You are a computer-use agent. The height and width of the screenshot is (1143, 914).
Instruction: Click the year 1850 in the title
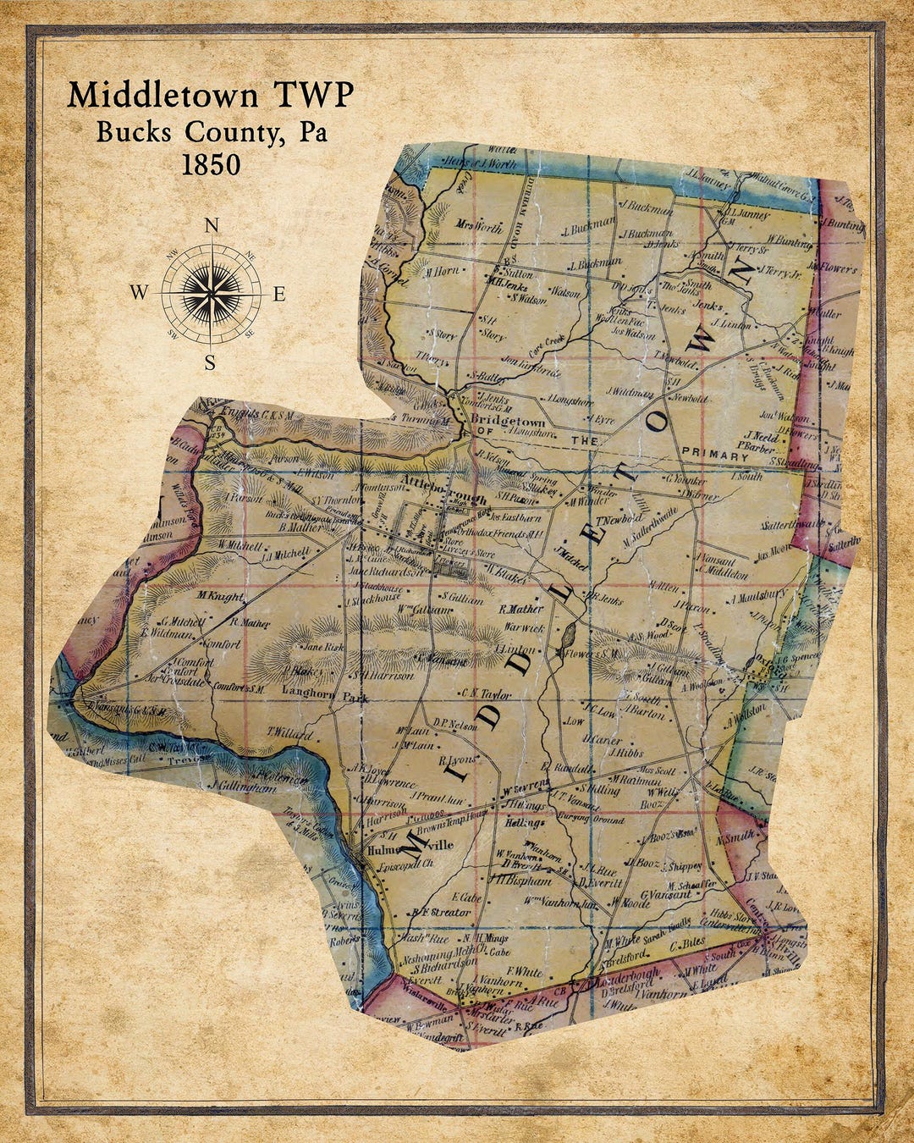point(211,163)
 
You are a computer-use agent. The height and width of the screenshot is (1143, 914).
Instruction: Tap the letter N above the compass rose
point(212,225)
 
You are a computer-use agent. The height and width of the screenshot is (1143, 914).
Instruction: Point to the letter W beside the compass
point(139,293)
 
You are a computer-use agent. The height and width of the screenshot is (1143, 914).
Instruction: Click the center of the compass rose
point(210,294)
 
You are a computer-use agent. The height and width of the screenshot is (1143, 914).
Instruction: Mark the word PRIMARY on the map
point(715,456)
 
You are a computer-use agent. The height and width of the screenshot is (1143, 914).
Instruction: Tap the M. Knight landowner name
point(220,597)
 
